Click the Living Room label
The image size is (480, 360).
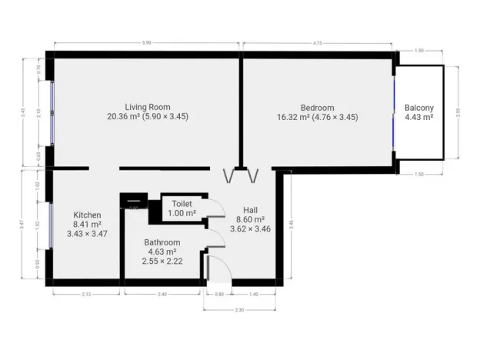(x=148, y=107)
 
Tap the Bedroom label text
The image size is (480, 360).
(x=317, y=107)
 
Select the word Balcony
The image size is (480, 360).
(x=419, y=108)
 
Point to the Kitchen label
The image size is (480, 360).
(x=87, y=215)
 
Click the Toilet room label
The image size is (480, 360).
(x=182, y=203)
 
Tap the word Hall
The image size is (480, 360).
(x=251, y=209)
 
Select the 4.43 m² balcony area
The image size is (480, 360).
(x=419, y=118)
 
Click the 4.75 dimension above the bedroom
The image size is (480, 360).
(x=317, y=45)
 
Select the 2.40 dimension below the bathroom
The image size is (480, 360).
(x=162, y=295)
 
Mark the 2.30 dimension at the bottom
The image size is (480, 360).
(x=239, y=309)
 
